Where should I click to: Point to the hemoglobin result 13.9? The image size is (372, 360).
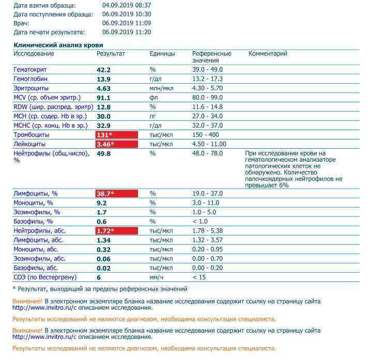104,79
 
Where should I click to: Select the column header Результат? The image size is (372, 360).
111,54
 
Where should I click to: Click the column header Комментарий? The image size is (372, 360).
268,54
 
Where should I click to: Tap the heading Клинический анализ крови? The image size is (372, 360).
58,45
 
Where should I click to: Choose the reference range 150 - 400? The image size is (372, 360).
206,135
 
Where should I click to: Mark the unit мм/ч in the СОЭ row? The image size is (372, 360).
156,277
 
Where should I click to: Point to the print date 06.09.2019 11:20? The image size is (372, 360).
127,32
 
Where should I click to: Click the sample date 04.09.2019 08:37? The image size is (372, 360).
127,6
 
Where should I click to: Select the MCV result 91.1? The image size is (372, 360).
104,98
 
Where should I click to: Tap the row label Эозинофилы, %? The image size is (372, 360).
37,212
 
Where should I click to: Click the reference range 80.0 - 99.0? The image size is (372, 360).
207,98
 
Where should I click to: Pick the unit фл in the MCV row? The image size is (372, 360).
153,98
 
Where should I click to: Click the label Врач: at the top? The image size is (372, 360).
22,23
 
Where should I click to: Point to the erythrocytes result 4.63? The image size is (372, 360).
104,88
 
